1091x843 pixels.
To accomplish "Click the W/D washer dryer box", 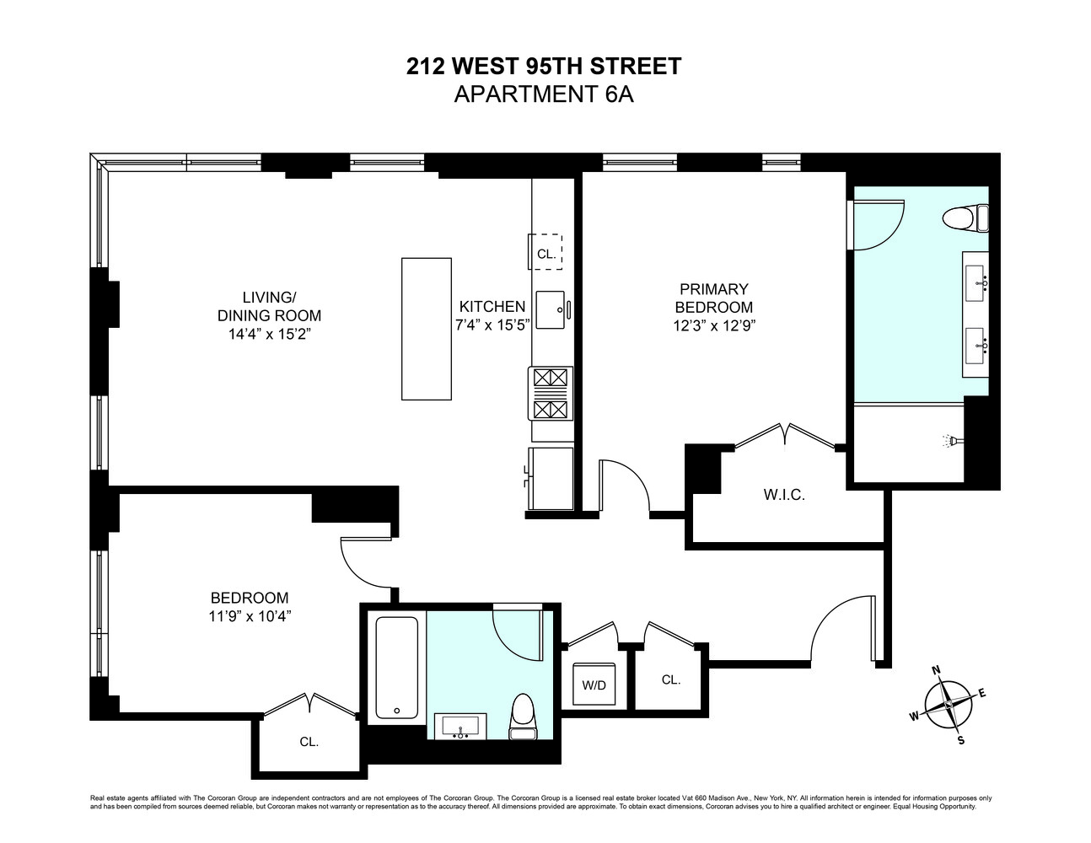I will point(594,685).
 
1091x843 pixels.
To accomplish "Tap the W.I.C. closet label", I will point(784,496).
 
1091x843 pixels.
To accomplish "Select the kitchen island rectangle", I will point(427,329).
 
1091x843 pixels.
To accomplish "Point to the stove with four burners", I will point(551,394).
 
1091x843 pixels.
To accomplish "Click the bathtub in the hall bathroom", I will point(396,668).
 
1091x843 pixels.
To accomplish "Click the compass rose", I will point(949,705).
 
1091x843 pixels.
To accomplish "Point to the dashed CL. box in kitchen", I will point(545,253).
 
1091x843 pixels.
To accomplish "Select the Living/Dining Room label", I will point(269,307).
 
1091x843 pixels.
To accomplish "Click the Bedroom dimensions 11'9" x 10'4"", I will point(250,615).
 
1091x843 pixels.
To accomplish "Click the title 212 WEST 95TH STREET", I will point(544,66).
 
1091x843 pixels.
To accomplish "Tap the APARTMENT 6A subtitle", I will point(544,94).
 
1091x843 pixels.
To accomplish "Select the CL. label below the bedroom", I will point(309,742).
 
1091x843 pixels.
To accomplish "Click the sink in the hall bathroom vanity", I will point(461,725).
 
